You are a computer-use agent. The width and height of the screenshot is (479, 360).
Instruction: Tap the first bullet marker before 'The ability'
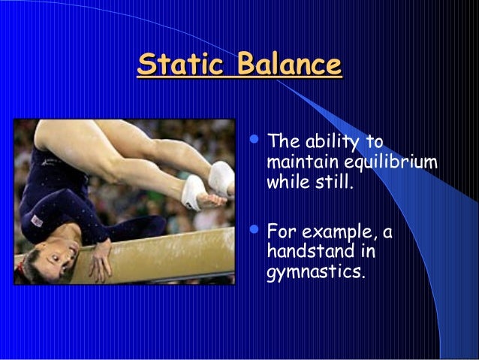tap(253, 139)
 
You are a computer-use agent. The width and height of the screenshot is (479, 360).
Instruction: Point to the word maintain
tap(300, 162)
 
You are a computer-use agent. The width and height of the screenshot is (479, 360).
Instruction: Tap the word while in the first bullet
tap(286, 182)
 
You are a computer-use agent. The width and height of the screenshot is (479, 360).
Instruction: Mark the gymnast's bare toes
tap(214, 200)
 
